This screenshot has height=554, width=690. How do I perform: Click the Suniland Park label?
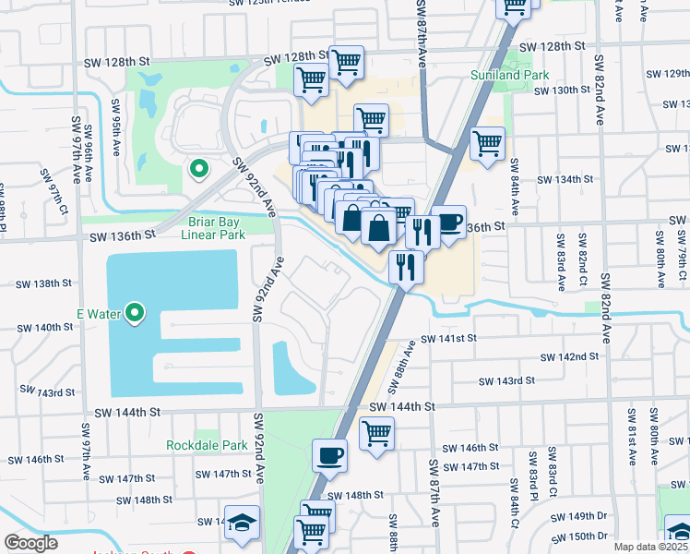click(x=509, y=75)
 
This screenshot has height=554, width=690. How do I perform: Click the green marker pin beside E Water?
click(x=136, y=314)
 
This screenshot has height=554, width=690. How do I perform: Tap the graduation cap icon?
click(x=243, y=523)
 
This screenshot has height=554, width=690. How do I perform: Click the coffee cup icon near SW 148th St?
click(x=329, y=455)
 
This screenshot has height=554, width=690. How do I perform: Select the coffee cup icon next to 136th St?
click(x=448, y=223)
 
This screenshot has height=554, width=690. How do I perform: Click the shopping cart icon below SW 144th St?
click(x=376, y=432)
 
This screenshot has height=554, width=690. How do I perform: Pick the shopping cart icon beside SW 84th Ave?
click(x=486, y=143)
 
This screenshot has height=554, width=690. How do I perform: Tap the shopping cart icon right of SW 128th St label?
click(x=346, y=63)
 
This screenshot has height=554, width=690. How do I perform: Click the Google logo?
click(x=30, y=543)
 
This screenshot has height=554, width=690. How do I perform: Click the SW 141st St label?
click(x=449, y=339)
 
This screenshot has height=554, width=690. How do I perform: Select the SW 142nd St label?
click(x=563, y=356)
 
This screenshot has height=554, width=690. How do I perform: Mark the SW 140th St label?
click(x=49, y=327)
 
